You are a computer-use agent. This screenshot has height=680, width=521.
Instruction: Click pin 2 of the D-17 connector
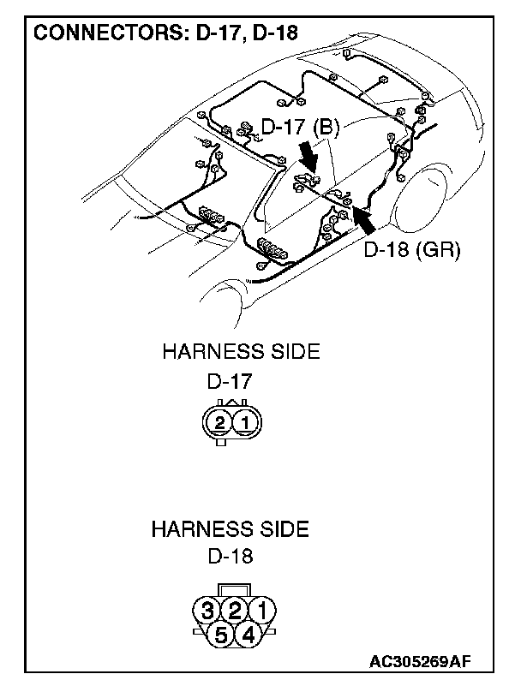click(x=220, y=422)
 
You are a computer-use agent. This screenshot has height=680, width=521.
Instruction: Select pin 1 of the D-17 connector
click(x=245, y=422)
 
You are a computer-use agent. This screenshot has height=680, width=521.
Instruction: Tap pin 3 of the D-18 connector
click(x=206, y=611)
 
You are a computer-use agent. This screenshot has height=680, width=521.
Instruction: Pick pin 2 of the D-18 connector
click(x=234, y=611)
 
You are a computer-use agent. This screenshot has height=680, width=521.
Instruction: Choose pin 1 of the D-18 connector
click(x=262, y=611)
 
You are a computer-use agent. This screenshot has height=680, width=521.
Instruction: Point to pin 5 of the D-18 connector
click(x=220, y=635)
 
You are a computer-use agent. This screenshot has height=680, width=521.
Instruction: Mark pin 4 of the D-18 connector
click(x=249, y=635)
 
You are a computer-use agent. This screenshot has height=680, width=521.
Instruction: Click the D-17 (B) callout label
click(x=300, y=128)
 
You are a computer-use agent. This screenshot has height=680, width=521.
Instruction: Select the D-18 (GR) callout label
click(x=413, y=250)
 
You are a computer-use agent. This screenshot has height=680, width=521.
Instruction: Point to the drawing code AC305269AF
click(x=421, y=661)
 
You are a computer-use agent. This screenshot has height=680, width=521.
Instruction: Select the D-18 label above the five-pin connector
click(x=231, y=556)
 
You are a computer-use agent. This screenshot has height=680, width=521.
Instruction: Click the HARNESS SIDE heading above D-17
click(x=241, y=352)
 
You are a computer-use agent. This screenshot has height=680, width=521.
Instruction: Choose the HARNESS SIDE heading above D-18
click(x=230, y=528)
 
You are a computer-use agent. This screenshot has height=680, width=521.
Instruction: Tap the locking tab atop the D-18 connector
click(x=234, y=590)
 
